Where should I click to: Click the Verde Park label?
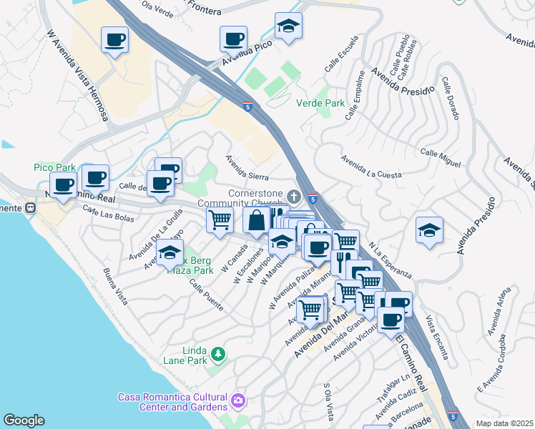pyautogui.click(x=320, y=103)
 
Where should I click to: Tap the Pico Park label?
pyautogui.click(x=54, y=167)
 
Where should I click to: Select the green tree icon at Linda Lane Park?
pyautogui.click(x=217, y=352)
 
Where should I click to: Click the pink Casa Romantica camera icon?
pyautogui.click(x=237, y=403)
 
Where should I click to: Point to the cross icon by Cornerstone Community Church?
pyautogui.click(x=293, y=197)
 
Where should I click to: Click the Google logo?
pyautogui.click(x=24, y=420)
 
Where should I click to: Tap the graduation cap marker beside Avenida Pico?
pyautogui.click(x=288, y=26)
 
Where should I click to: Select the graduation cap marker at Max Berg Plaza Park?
pyautogui.click(x=170, y=253)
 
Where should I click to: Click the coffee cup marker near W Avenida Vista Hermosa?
pyautogui.click(x=114, y=39)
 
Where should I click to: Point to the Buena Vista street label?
pyautogui.click(x=115, y=287)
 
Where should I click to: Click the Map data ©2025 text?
pyautogui.click(x=504, y=423)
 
